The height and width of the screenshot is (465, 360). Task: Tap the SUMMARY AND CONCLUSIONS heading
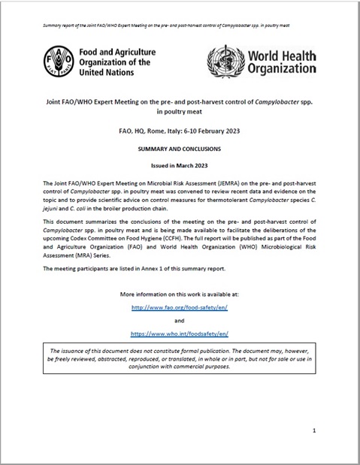click(x=180, y=149)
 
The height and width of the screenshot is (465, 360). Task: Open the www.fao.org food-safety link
click(x=180, y=307)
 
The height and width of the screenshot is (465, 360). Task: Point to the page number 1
click(x=313, y=430)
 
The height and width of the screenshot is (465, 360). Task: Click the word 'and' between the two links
click(x=180, y=320)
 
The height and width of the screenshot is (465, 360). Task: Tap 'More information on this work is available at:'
click(x=180, y=292)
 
